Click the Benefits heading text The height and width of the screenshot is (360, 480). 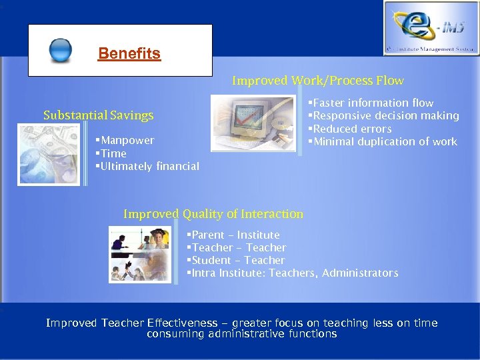pos(129,54)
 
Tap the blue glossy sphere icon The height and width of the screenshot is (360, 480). pos(61,51)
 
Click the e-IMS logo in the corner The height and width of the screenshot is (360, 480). pos(430,27)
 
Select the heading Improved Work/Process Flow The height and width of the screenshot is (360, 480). pos(317,81)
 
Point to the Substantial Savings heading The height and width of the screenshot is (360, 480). pos(98,115)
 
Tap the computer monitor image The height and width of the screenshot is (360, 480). pos(253,122)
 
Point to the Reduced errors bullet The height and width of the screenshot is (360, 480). pos(351,129)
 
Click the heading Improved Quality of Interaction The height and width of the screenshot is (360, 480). pos(213,214)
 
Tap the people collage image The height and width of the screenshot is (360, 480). pos(140,254)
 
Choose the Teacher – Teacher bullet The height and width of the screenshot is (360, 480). pos(238,247)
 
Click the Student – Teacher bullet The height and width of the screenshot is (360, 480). pos(237,260)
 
